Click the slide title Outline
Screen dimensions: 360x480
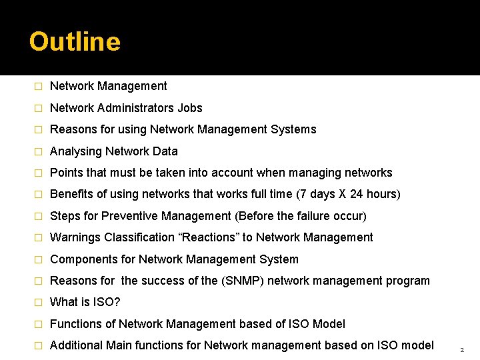75,42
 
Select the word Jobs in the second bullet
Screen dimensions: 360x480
190,108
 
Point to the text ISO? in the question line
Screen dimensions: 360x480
106,302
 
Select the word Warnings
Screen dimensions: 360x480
75,237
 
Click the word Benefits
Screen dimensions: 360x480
71,194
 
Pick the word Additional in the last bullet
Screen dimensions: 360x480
76,345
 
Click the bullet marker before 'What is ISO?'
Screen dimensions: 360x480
38,303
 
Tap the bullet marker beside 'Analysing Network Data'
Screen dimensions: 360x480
38,151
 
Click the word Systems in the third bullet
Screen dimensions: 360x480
294,129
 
